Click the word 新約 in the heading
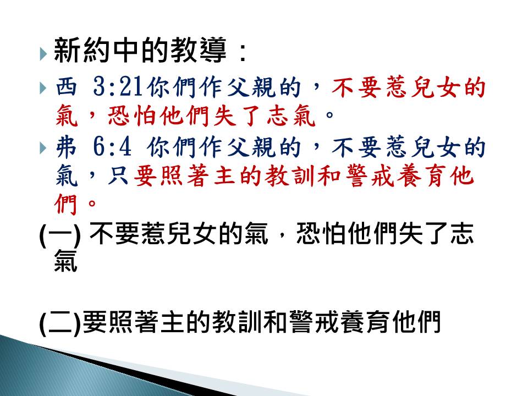[x=81, y=50]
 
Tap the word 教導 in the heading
[x=199, y=50]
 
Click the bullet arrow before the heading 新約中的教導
[x=43, y=53]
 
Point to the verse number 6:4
[x=112, y=147]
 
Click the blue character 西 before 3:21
[x=67, y=87]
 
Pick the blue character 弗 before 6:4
[x=67, y=147]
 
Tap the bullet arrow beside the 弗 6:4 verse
[x=43, y=147]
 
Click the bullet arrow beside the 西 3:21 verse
[x=43, y=88]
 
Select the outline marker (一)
[x=60, y=235]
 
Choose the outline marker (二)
[x=60, y=323]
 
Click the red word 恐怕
[x=133, y=116]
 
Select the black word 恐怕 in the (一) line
[x=321, y=234]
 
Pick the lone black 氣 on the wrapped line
[x=66, y=260]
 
